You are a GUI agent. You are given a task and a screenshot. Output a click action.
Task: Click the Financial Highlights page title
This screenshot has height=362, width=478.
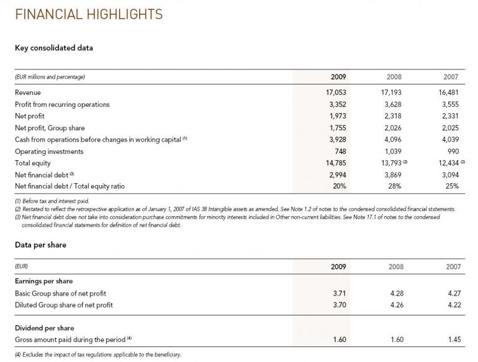[89, 14]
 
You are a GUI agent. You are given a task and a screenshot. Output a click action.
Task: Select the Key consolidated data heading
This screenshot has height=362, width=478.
[53, 48]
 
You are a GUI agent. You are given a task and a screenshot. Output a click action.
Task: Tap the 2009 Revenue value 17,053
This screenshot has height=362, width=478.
[335, 93]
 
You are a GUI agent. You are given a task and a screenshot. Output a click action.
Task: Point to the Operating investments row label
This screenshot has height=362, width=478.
[49, 152]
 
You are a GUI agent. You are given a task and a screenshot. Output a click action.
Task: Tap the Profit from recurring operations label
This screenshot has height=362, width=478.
[62, 104]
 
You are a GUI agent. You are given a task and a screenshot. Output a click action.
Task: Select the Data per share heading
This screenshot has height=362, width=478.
[40, 245]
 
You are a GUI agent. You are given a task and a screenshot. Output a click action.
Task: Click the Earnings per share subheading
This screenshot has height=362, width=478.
[43, 281]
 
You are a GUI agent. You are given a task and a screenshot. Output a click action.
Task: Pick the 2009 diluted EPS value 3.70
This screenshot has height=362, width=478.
[339, 305]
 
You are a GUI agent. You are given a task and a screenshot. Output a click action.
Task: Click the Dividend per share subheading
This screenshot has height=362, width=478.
[44, 328]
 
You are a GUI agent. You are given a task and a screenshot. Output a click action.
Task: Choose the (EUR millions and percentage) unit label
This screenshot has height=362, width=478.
[50, 78]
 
